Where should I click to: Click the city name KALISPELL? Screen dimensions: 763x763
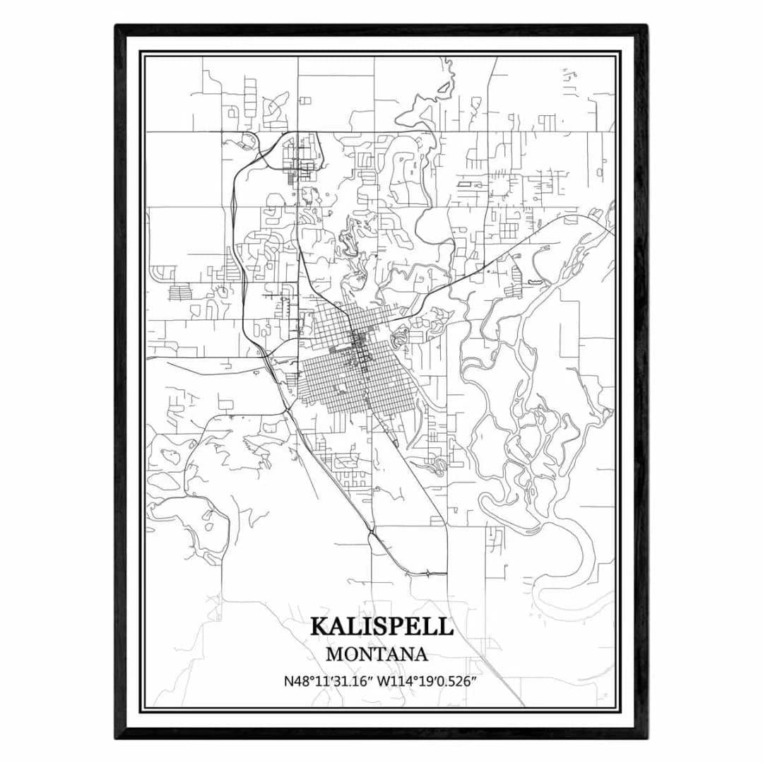tap(381, 627)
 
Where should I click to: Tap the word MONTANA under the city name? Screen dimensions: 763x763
tap(377, 655)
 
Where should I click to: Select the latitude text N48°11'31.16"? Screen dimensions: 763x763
tap(328, 682)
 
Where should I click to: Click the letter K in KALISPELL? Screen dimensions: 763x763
tap(319, 627)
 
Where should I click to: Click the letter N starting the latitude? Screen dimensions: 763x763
tap(288, 682)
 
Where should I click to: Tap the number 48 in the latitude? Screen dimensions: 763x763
tap(300, 682)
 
